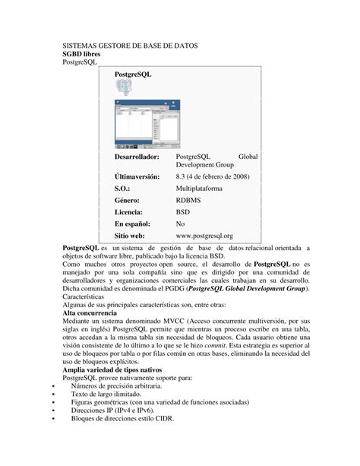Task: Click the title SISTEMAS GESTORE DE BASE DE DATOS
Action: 130,46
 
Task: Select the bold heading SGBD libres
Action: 84,55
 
